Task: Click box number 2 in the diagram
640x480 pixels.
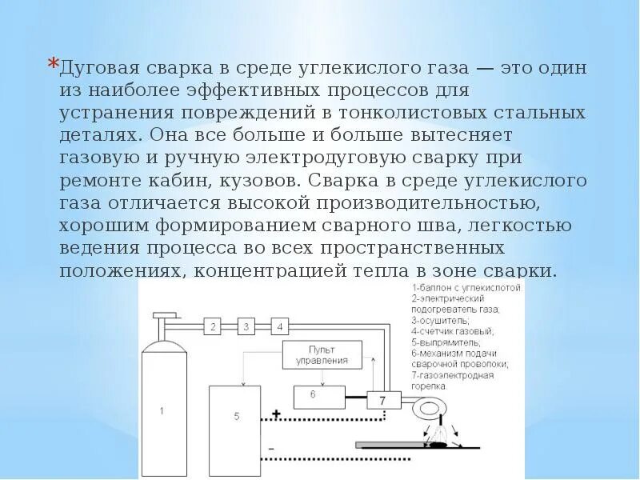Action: pos(213,326)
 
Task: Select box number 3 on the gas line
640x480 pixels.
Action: pos(246,326)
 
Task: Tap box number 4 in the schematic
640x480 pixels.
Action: pos(279,326)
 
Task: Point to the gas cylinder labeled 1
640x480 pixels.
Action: pos(162,412)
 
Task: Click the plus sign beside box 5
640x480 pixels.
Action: pos(276,415)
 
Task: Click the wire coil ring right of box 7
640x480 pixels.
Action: pos(430,403)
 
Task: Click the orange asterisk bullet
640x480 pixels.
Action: pos(53,63)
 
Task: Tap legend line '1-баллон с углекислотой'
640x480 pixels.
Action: pos(466,286)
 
